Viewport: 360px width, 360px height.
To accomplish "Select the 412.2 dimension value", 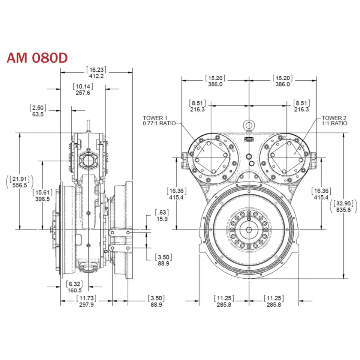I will coord(96,76).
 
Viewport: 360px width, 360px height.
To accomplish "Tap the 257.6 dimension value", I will coord(83,93).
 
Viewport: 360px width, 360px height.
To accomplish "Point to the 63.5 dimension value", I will coord(37,114).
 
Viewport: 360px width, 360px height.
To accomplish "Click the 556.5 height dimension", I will coord(20,185).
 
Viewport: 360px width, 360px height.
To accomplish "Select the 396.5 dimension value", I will coord(42,199).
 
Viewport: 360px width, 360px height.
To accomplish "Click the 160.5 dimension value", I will coord(74,290).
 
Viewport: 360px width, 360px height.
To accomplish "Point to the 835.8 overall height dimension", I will coord(344,210).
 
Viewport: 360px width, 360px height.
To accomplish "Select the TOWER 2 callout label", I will coord(334,120).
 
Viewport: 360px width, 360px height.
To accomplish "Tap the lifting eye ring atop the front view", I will coord(249,124).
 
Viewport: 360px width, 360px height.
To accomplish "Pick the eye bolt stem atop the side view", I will coord(89,125).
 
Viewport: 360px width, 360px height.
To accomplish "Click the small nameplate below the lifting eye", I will coord(249,139).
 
